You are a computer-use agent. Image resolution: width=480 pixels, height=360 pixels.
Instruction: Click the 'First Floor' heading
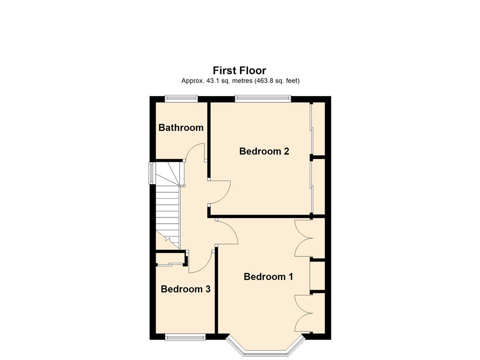click(x=240, y=70)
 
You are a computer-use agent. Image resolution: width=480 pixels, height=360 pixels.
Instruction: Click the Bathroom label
click(x=181, y=127)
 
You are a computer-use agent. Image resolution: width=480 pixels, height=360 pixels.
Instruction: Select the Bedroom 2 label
click(x=264, y=151)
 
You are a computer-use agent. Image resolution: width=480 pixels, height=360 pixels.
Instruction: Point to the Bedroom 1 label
click(x=268, y=277)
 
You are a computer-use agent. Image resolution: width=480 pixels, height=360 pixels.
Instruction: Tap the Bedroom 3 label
click(x=186, y=289)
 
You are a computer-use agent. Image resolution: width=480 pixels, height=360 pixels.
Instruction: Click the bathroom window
click(x=181, y=98)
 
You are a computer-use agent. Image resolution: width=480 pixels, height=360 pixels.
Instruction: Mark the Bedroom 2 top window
click(x=263, y=98)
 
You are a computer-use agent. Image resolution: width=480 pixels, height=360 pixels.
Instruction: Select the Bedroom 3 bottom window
click(x=185, y=337)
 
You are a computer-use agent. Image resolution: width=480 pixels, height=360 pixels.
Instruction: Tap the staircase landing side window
click(x=151, y=173)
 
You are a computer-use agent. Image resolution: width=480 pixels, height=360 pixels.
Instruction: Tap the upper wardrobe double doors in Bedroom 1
click(x=303, y=238)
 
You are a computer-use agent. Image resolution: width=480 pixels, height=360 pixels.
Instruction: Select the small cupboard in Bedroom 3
click(x=170, y=259)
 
